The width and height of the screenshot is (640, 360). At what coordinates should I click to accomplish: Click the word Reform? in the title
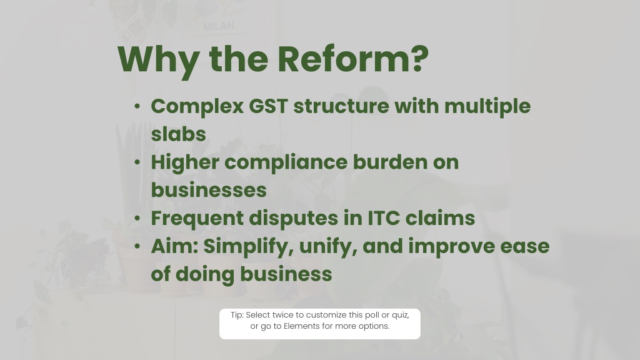tap(353, 59)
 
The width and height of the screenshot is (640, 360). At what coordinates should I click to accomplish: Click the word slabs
tap(178, 134)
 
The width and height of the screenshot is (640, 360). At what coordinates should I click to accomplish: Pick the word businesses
tap(209, 190)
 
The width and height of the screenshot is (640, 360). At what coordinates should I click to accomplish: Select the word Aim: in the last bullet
tap(174, 246)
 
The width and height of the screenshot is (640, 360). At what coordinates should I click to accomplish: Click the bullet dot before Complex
tap(137, 106)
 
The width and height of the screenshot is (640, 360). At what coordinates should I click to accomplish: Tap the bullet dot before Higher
tap(137, 162)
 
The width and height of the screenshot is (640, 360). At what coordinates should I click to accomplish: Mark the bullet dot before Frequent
tap(137, 218)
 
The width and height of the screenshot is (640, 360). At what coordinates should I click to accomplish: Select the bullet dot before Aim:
tap(137, 246)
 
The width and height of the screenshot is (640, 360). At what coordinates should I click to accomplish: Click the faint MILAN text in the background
tap(219, 26)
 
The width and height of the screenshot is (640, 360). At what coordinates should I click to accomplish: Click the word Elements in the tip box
tap(302, 326)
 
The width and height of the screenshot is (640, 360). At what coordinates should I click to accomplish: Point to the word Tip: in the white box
tap(237, 315)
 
